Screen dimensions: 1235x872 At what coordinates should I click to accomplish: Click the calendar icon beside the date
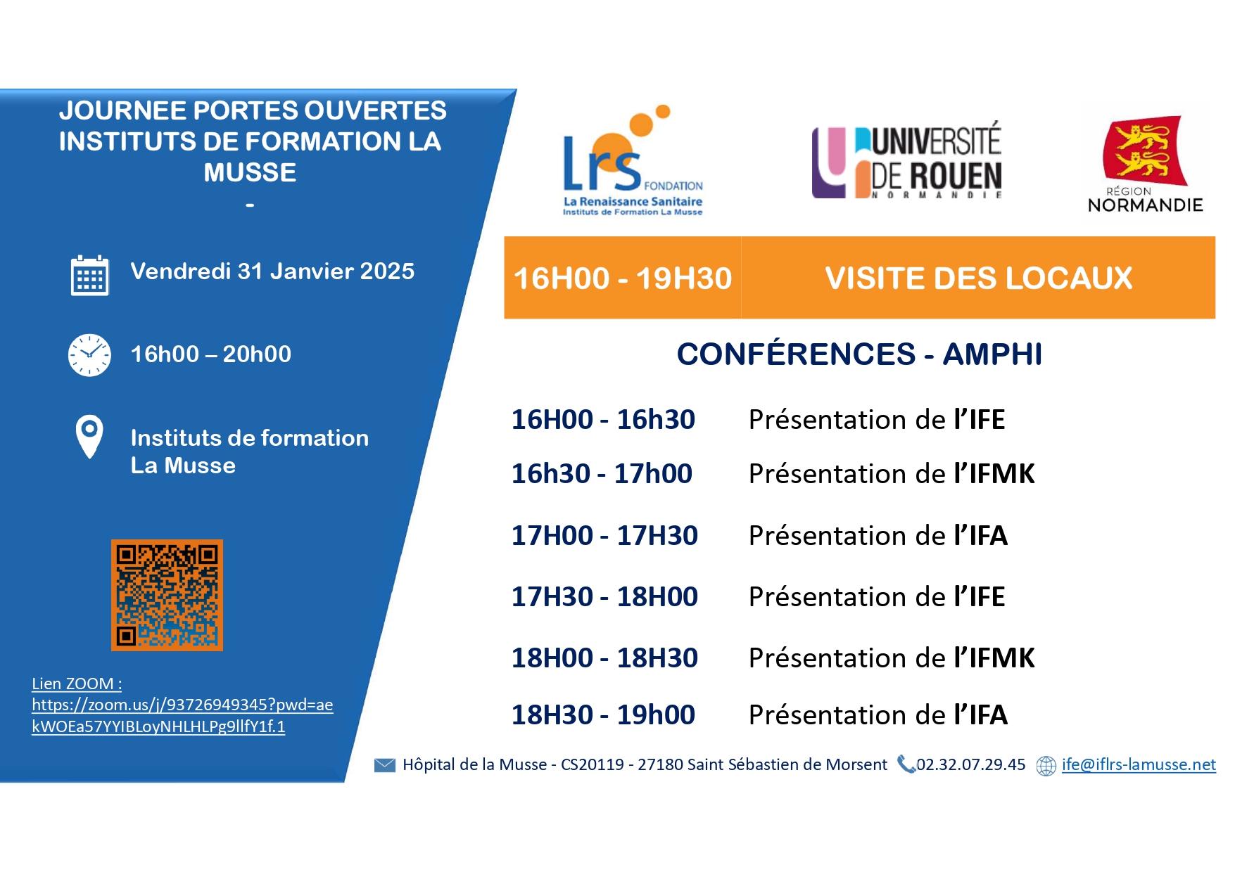pyautogui.click(x=89, y=275)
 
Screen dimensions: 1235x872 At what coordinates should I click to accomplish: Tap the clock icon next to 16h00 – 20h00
pyautogui.click(x=89, y=355)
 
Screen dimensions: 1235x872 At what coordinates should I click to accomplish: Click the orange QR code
pyautogui.click(x=167, y=595)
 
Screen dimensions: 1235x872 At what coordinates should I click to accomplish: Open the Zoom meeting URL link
pyautogui.click(x=182, y=715)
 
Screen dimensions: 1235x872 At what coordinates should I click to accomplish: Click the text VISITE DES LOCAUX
pyautogui.click(x=979, y=278)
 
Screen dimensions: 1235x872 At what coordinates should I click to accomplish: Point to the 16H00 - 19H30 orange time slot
pyautogui.click(x=623, y=278)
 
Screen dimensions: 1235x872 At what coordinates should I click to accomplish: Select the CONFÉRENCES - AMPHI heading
pyautogui.click(x=859, y=354)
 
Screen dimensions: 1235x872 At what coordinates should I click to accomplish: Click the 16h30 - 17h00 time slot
pyautogui.click(x=602, y=474)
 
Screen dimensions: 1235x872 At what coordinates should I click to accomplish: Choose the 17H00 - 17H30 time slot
pyautogui.click(x=604, y=536)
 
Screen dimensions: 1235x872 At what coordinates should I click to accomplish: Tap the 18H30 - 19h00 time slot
pyautogui.click(x=603, y=715)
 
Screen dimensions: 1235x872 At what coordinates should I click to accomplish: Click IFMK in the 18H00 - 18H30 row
pyautogui.click(x=1002, y=658)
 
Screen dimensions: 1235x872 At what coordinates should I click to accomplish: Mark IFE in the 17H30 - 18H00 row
pyautogui.click(x=987, y=597)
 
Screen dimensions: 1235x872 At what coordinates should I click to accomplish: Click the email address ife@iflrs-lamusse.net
pyautogui.click(x=1139, y=765)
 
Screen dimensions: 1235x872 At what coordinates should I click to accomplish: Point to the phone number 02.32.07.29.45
pyautogui.click(x=970, y=765)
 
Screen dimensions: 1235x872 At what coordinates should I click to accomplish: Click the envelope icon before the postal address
pyautogui.click(x=385, y=765)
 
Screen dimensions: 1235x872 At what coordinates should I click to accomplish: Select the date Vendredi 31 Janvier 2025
pyautogui.click(x=272, y=271)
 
